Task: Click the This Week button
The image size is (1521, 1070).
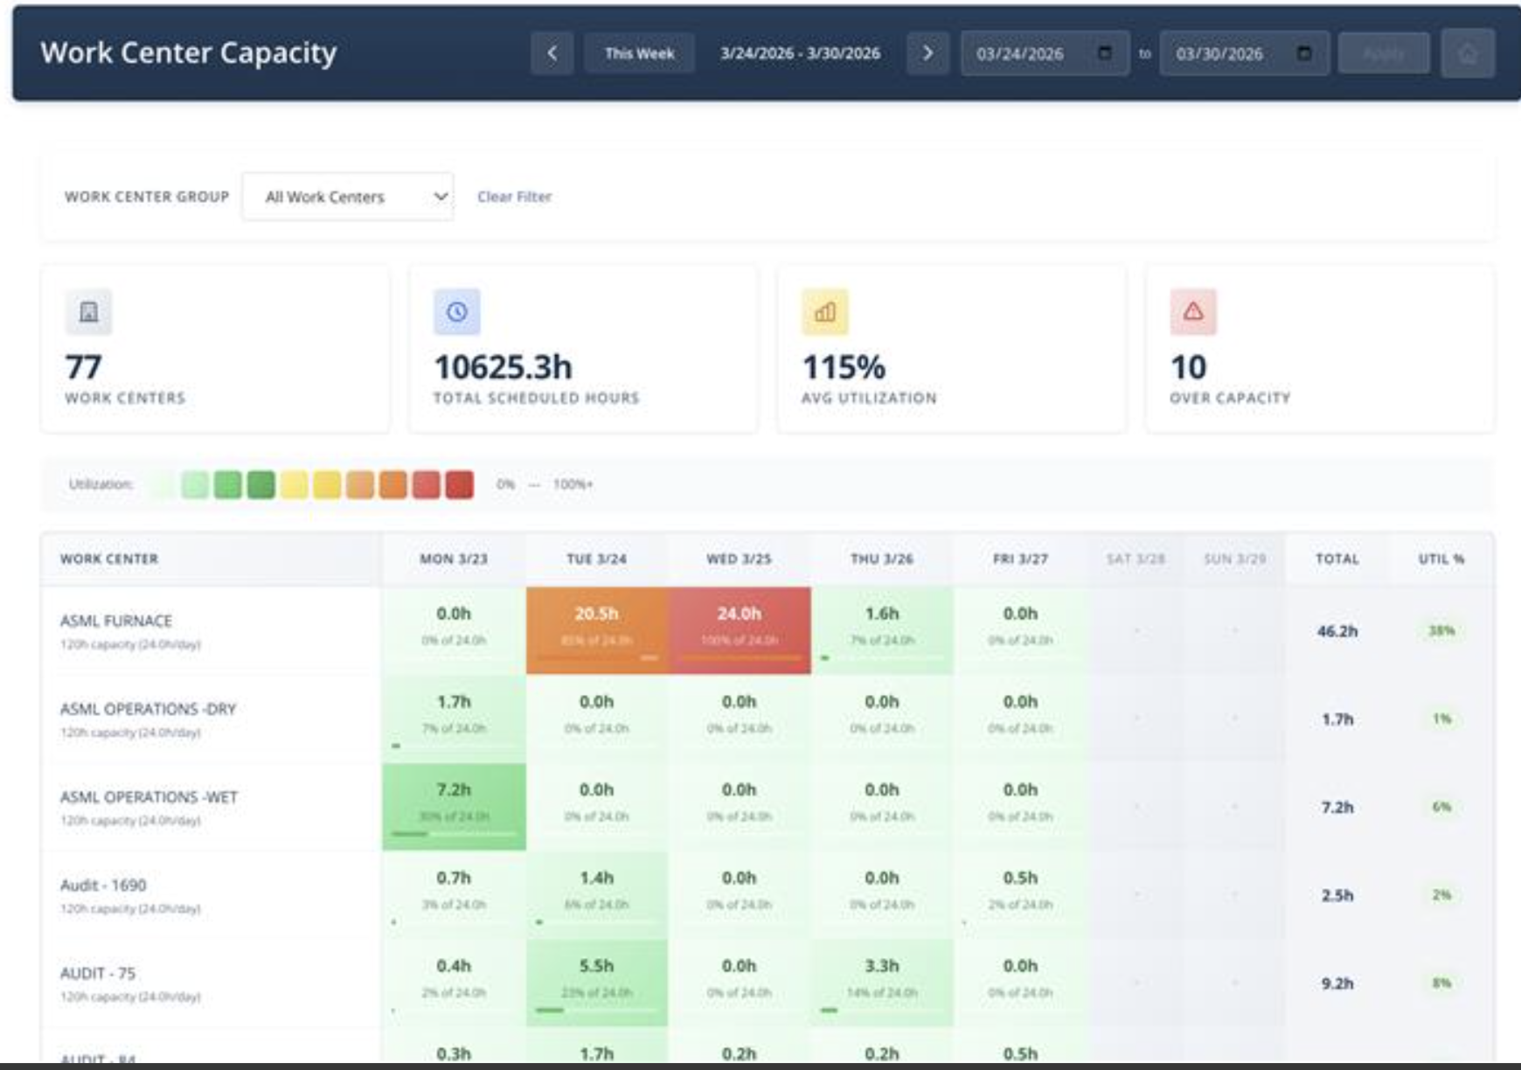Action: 639,53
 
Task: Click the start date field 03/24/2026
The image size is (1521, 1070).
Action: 1031,53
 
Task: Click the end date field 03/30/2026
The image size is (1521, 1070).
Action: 1231,53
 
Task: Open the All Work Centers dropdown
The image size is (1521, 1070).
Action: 347,197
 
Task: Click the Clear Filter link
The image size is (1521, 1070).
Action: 514,197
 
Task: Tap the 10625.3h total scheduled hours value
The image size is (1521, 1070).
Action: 503,367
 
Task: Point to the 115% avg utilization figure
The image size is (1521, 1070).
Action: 844,367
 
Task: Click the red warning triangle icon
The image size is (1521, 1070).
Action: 1193,312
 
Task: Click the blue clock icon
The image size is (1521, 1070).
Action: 457,312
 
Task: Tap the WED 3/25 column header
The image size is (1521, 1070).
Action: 739,559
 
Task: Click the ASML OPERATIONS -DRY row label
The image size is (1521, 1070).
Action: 148,709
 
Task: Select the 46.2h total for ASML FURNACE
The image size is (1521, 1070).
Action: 1337,631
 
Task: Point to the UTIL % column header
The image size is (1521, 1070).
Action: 1441,559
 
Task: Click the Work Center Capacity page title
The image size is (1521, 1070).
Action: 188,52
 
